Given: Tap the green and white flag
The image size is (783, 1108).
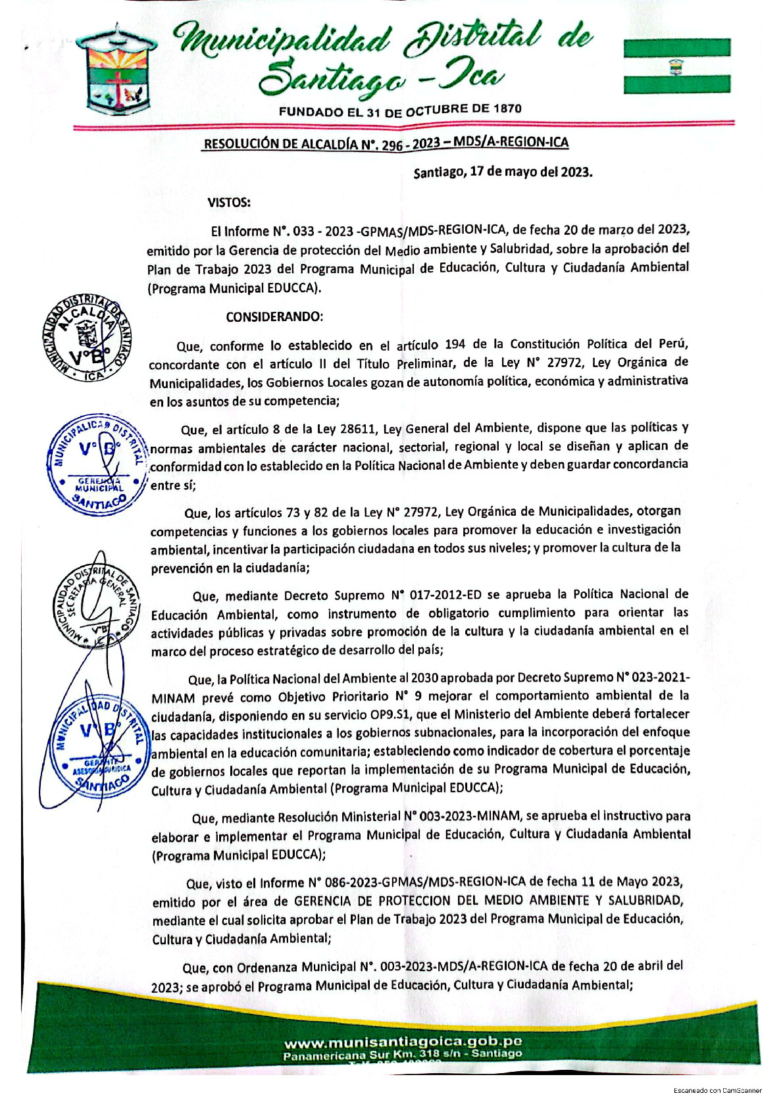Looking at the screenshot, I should click(676, 66).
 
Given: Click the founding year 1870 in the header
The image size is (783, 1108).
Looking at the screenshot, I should click(507, 109).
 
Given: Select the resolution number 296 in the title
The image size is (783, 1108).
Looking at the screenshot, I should click(392, 145).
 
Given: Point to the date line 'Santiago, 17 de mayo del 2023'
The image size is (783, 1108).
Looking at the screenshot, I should click(503, 172).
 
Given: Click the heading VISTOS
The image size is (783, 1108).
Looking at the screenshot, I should click(229, 202).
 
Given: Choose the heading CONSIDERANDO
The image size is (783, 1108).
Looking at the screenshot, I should click(274, 317).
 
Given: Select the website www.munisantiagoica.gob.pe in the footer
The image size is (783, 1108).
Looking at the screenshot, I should click(403, 1042).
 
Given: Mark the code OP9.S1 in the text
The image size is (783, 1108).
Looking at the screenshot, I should click(391, 715).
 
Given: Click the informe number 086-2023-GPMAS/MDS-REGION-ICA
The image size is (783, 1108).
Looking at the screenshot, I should click(417, 882).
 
